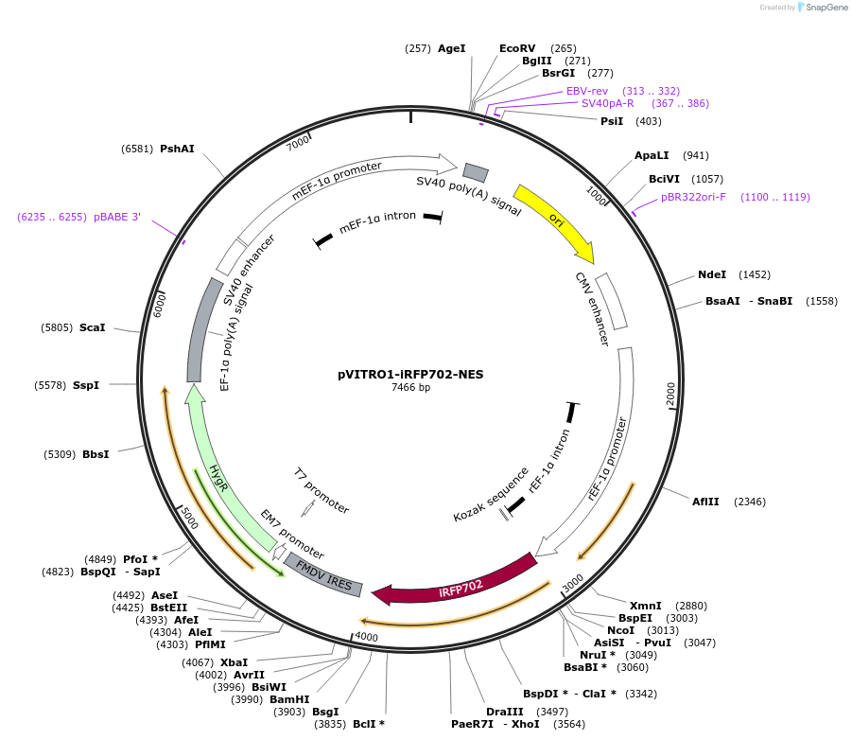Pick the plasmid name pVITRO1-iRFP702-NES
click(410, 374)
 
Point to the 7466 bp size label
click(410, 387)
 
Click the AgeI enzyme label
click(451, 48)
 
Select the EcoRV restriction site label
click(517, 48)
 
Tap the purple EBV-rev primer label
click(587, 91)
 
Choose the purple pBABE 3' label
click(117, 217)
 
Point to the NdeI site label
click(712, 274)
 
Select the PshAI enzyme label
click(177, 149)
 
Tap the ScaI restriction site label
click(93, 327)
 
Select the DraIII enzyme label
click(504, 711)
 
